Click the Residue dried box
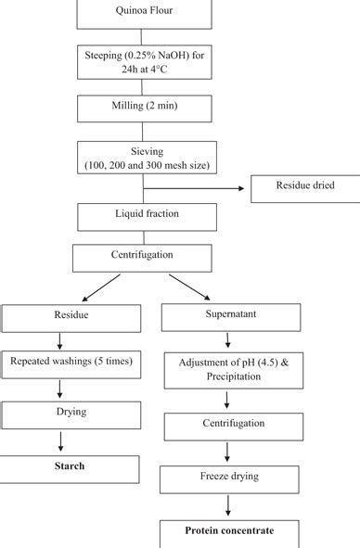click(304, 187)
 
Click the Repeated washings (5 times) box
click(71, 365)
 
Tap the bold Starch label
click(69, 466)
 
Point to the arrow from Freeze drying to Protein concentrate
click(227, 507)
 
